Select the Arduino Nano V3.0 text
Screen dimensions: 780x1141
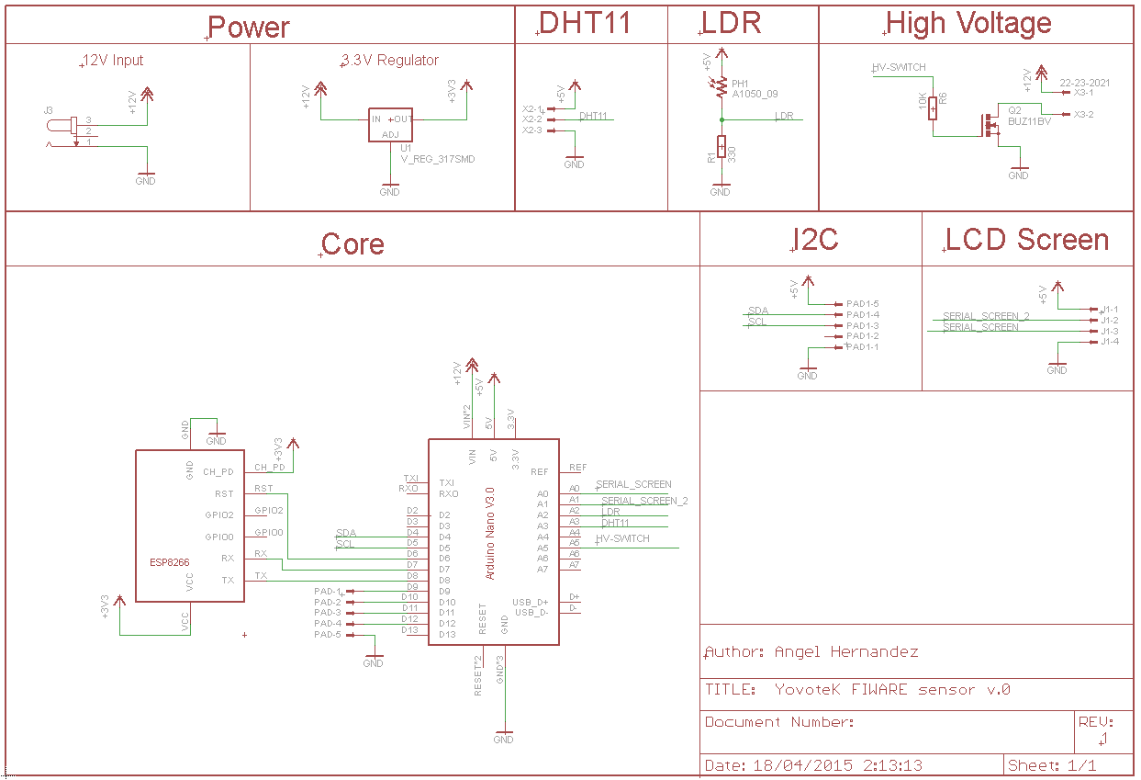(490, 533)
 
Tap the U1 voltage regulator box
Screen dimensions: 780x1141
(390, 126)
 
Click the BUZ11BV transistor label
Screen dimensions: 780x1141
(1029, 121)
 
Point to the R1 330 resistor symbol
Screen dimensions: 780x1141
(721, 147)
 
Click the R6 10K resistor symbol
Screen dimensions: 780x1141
(934, 107)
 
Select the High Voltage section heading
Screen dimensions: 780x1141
(968, 24)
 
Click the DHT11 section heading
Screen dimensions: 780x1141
(585, 24)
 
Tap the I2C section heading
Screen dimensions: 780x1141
(815, 240)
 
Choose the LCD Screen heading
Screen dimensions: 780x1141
(1027, 240)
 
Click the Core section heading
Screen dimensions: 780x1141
(352, 244)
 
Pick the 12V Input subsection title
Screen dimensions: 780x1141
(113, 61)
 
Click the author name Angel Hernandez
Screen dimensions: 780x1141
(845, 652)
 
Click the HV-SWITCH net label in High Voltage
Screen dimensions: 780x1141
(898, 68)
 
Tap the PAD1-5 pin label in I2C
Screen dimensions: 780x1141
(862, 303)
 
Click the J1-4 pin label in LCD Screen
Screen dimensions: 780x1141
(1109, 342)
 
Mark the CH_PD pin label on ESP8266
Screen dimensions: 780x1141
(218, 472)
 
